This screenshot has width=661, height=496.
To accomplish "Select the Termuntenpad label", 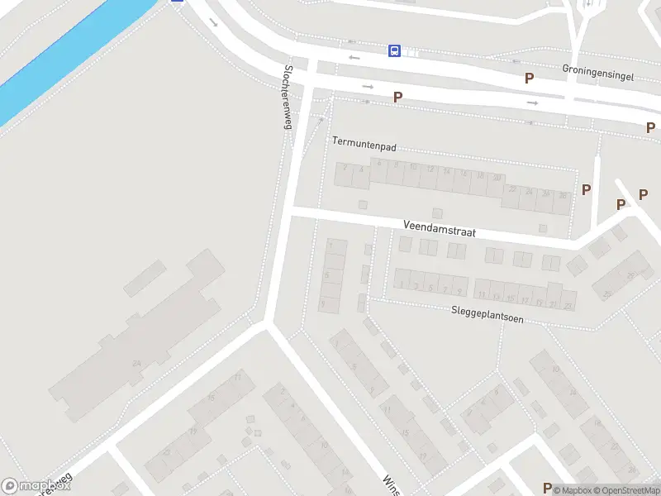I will click(364, 144).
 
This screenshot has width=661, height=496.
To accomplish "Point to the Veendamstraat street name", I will click(439, 228).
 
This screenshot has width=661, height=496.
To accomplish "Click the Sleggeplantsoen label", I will click(487, 312).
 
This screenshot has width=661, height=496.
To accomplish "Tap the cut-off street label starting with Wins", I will click(391, 484).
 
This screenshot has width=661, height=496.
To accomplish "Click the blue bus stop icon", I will click(395, 51).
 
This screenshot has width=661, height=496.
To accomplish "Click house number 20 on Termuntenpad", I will click(496, 178).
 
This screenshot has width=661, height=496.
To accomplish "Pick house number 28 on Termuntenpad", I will click(562, 195).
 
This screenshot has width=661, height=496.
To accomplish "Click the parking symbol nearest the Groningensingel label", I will click(529, 78).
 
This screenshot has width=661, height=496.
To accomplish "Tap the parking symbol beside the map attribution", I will click(547, 489).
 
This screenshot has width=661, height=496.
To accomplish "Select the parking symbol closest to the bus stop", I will click(397, 97).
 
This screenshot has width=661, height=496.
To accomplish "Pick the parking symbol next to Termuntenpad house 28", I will click(587, 189).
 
